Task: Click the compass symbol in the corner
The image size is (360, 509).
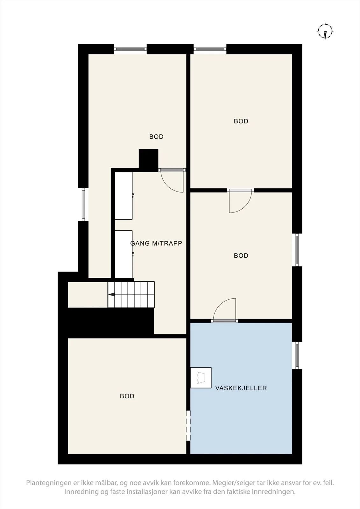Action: (x=325, y=31)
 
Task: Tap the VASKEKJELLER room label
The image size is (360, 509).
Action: (x=241, y=388)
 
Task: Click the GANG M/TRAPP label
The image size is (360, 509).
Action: (x=156, y=243)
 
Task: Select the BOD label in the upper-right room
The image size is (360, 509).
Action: (x=241, y=121)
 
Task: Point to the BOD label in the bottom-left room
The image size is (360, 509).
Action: (x=127, y=396)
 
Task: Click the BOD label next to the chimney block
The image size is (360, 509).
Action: (x=156, y=136)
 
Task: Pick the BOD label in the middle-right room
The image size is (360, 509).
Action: (x=241, y=255)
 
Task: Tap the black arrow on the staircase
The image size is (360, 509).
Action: (x=111, y=295)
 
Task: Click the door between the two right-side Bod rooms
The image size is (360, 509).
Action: (x=240, y=201)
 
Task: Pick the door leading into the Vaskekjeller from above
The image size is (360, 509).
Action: (x=224, y=309)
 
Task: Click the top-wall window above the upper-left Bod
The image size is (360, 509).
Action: (x=130, y=49)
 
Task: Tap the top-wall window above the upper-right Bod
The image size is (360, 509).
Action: (x=210, y=49)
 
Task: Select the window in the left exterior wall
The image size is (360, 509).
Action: (x=83, y=205)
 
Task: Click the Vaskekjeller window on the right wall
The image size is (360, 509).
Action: (x=297, y=356)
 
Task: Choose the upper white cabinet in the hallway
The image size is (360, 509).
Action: (x=124, y=196)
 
